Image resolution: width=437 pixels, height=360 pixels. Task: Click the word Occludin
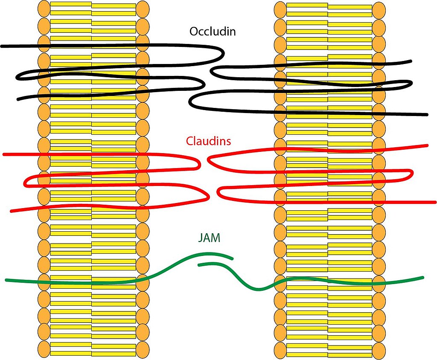(213, 31)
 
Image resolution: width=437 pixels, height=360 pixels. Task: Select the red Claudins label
(208, 141)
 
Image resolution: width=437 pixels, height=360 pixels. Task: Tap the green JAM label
(209, 238)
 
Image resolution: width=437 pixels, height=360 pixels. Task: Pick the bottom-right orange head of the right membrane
(379, 351)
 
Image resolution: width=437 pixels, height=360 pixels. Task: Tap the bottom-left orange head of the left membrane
(44, 349)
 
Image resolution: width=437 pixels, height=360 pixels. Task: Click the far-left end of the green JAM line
(6, 280)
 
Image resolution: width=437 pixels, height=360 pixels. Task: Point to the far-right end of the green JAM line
(423, 278)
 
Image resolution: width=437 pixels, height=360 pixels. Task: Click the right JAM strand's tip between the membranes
(199, 265)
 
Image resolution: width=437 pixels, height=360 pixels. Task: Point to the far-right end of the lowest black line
(427, 114)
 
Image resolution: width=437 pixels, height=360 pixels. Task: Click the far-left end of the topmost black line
(2, 46)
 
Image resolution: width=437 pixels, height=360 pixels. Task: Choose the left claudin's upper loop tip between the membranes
(200, 164)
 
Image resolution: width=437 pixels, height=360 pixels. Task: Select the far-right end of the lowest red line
(435, 202)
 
